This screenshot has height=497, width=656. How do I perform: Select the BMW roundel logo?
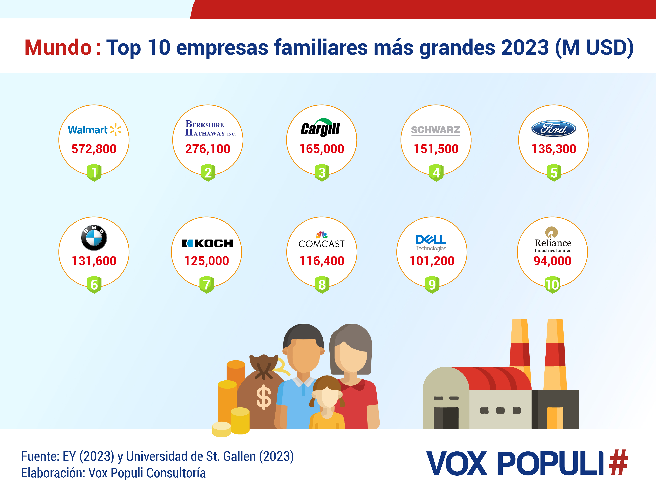94,238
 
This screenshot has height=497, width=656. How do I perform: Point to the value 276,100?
208,149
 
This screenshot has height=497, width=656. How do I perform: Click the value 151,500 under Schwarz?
436,149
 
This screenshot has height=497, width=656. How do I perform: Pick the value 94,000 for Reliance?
552,261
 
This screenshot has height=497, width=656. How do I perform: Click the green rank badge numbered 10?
552,285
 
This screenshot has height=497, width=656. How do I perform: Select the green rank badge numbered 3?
322,172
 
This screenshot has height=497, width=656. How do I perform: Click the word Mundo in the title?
58,47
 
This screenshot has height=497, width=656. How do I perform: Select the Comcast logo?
321,240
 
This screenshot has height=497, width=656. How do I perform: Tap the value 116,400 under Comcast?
322,261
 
